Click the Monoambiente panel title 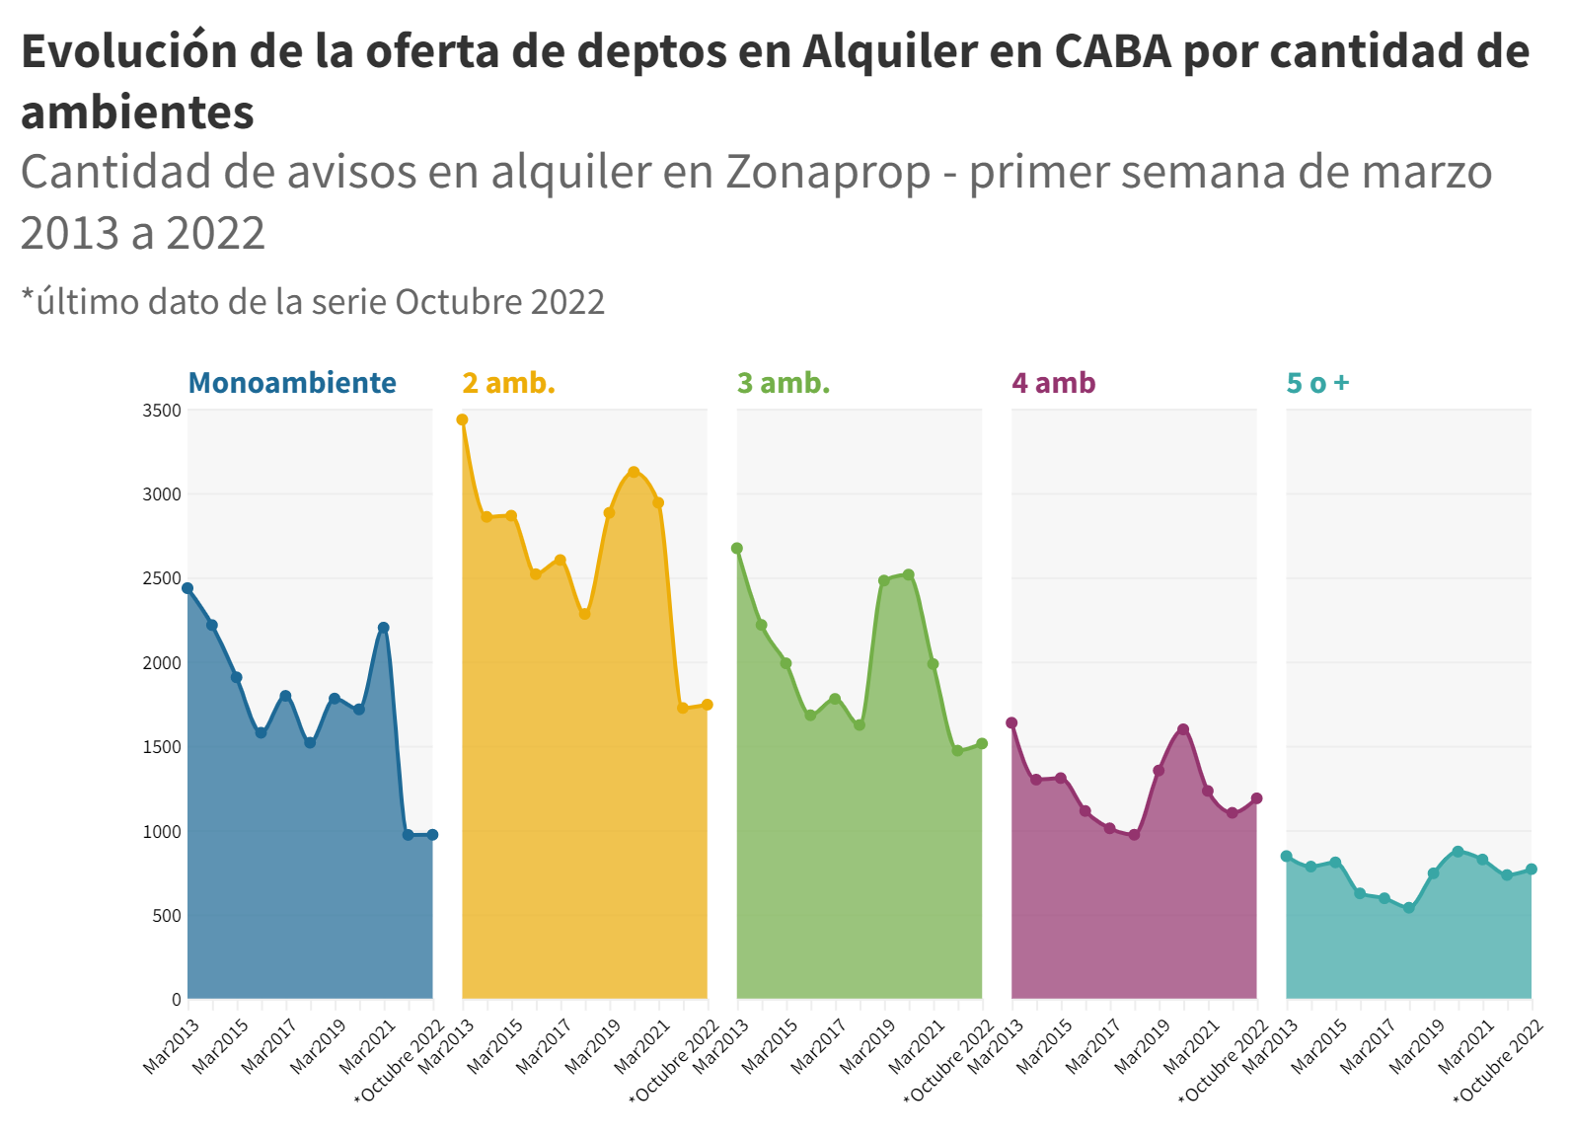(292, 383)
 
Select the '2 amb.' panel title (508, 383)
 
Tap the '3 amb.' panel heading (784, 383)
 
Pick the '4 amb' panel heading (1053, 383)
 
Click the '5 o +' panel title (1317, 383)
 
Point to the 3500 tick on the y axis (162, 411)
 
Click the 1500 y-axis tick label (162, 747)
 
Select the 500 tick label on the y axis (166, 916)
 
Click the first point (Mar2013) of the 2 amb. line (462, 419)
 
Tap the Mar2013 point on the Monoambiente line (187, 588)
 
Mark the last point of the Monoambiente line (432, 835)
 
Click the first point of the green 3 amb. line (737, 548)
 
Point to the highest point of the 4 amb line (1183, 729)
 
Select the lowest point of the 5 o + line (1409, 908)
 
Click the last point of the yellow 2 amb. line (707, 705)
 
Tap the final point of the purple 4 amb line (1256, 798)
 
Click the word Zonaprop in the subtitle (828, 172)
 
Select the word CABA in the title (1112, 51)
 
